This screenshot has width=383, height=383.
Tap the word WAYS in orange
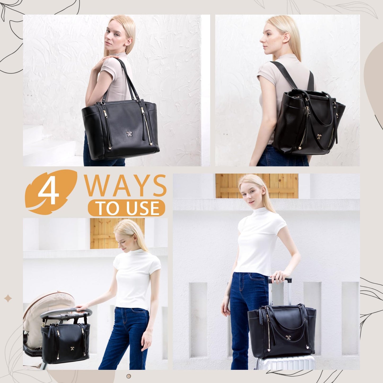pos(125,186)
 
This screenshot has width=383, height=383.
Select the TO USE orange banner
pos(127,208)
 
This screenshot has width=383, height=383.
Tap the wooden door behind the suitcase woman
pos(257,186)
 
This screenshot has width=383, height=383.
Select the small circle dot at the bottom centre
pos(129,376)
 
